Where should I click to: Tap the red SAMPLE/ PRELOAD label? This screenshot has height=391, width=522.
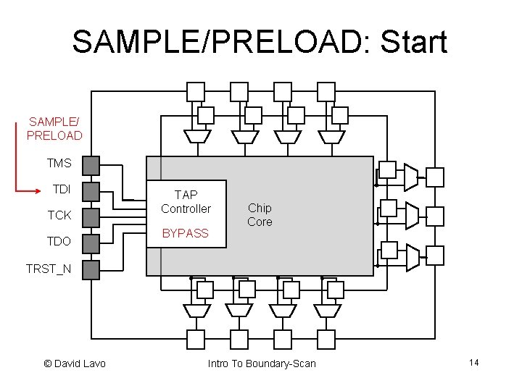[54, 128]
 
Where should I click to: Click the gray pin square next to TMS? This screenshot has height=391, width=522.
[90, 165]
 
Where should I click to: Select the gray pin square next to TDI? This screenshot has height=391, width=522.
[90, 191]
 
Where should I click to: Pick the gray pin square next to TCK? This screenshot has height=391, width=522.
[90, 216]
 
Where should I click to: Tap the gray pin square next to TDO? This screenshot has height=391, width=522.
[90, 243]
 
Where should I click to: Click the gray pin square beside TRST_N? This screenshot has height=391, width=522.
[90, 269]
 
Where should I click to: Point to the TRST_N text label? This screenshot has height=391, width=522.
[49, 269]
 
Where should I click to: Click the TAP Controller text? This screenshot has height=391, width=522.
[186, 202]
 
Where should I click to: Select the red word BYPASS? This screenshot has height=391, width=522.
[185, 233]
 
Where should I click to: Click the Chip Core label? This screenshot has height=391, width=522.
[260, 215]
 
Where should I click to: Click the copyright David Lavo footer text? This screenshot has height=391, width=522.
[75, 363]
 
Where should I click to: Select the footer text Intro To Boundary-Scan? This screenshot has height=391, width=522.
[262, 363]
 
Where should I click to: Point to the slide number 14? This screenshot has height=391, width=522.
[474, 362]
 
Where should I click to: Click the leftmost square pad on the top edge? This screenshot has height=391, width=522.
[196, 91]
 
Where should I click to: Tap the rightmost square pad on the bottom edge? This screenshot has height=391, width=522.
[326, 338]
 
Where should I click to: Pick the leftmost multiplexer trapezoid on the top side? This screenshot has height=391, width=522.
[196, 136]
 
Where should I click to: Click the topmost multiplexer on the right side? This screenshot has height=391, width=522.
[410, 175]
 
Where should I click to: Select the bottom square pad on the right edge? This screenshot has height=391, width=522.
[434, 256]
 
